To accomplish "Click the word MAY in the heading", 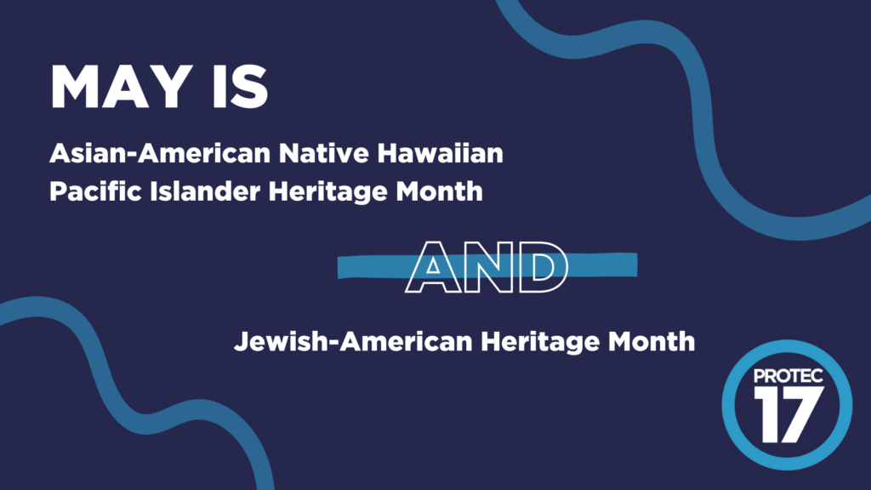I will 126,86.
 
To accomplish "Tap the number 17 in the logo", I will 787,413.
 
